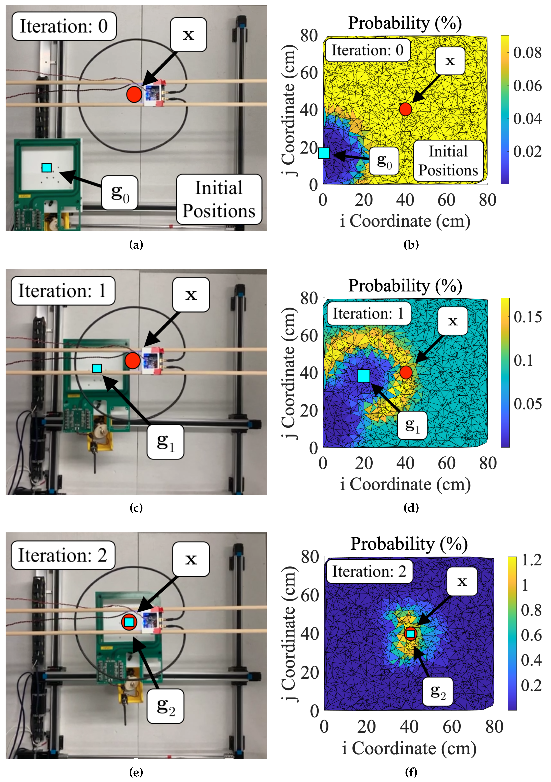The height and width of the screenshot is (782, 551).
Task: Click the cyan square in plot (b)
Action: [324, 153]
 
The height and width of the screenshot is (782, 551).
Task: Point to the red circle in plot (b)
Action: [405, 109]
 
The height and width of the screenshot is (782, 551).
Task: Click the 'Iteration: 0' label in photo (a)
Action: [64, 26]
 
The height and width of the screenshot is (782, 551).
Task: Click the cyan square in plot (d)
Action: [364, 376]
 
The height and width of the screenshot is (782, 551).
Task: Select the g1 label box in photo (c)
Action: [166, 442]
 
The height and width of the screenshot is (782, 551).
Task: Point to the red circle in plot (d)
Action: [406, 372]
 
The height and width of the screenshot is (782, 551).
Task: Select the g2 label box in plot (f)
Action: [438, 691]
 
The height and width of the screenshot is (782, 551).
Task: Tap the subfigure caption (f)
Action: [411, 772]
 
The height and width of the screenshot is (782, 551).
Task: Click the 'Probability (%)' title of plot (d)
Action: [405, 286]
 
